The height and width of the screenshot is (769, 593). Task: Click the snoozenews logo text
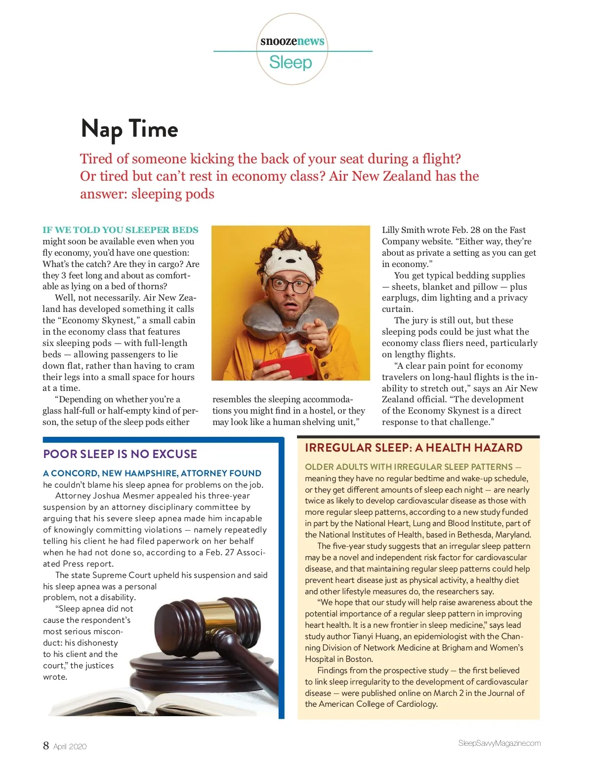click(292, 41)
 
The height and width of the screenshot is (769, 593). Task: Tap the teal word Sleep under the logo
click(291, 63)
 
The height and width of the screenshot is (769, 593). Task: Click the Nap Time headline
click(129, 129)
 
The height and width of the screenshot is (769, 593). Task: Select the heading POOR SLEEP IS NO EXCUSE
click(120, 454)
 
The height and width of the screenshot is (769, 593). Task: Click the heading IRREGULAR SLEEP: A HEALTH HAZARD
click(414, 448)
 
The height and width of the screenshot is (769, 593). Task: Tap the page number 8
click(46, 745)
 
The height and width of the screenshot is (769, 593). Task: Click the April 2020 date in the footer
click(70, 746)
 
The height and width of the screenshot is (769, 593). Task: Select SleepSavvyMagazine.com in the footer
click(499, 743)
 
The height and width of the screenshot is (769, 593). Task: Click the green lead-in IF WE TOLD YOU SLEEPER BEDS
click(120, 230)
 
